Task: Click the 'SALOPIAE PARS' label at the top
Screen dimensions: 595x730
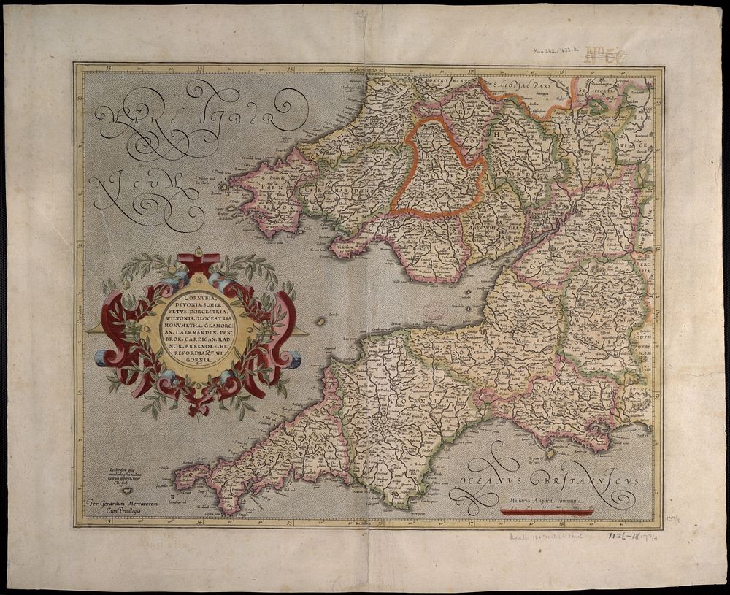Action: (x=515, y=85)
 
